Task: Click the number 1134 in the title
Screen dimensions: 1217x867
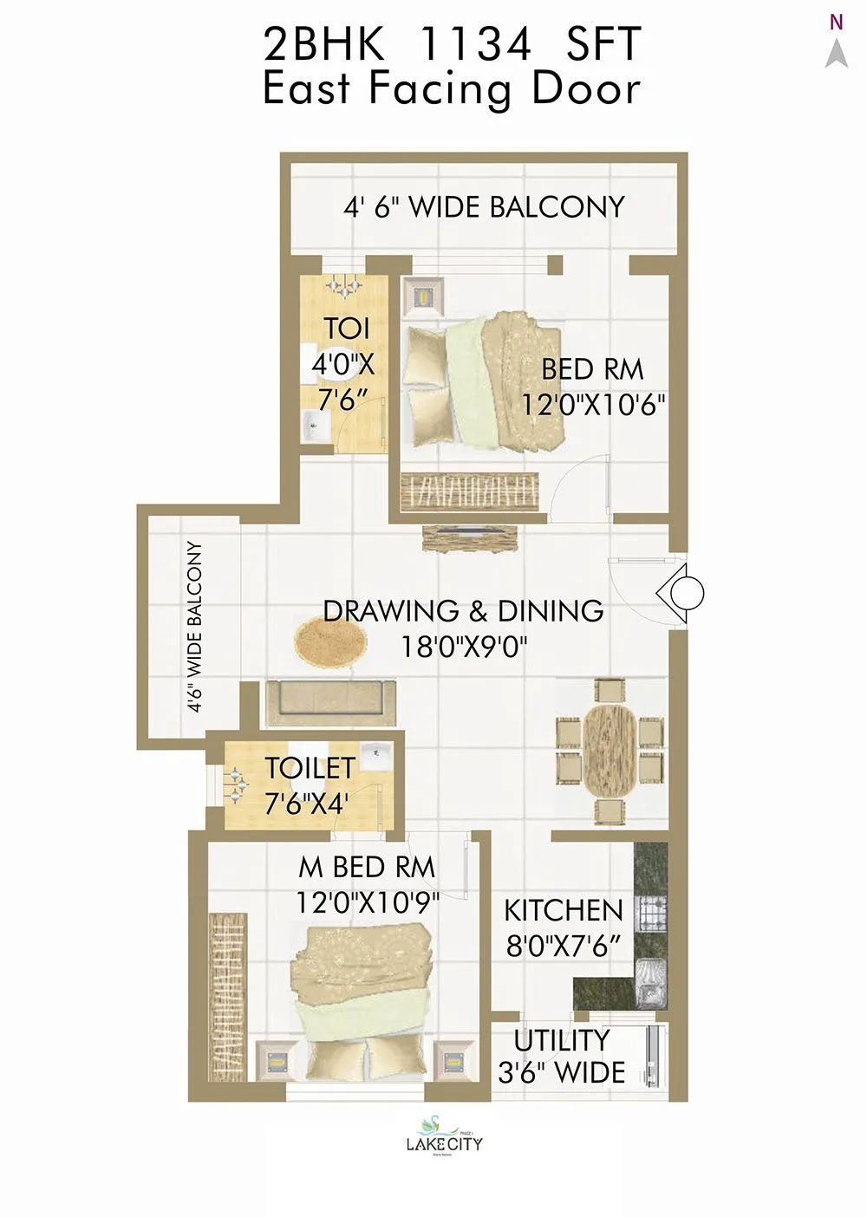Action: tap(474, 43)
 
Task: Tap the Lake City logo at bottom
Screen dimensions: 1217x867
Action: tap(444, 1136)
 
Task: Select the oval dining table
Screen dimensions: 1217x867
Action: tap(610, 750)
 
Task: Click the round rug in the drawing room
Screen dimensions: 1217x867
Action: tap(329, 641)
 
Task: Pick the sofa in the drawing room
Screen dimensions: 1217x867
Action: tap(330, 702)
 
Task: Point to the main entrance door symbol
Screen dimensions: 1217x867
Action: tap(681, 593)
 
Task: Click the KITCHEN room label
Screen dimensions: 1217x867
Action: tap(564, 910)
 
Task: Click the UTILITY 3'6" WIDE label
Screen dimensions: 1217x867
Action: tap(561, 1057)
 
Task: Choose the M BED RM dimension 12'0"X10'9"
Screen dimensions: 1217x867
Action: tap(367, 902)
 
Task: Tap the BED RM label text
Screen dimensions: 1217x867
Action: tap(592, 369)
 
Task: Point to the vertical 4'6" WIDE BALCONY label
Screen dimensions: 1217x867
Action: tap(195, 626)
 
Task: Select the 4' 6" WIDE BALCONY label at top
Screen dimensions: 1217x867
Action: tap(484, 207)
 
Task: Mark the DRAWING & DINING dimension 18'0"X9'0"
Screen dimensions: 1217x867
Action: tap(464, 647)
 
